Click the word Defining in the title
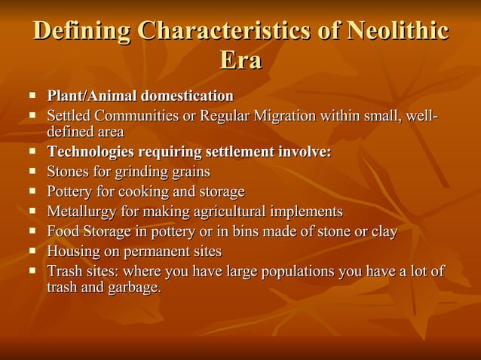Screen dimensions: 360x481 pos(84,32)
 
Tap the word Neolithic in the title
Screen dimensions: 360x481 pos(398,32)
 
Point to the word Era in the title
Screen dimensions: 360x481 pos(240,60)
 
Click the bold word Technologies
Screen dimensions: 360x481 pos(96,152)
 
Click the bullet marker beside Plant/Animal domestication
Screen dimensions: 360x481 pos(33,96)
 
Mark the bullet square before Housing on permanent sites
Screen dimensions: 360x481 pos(33,250)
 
